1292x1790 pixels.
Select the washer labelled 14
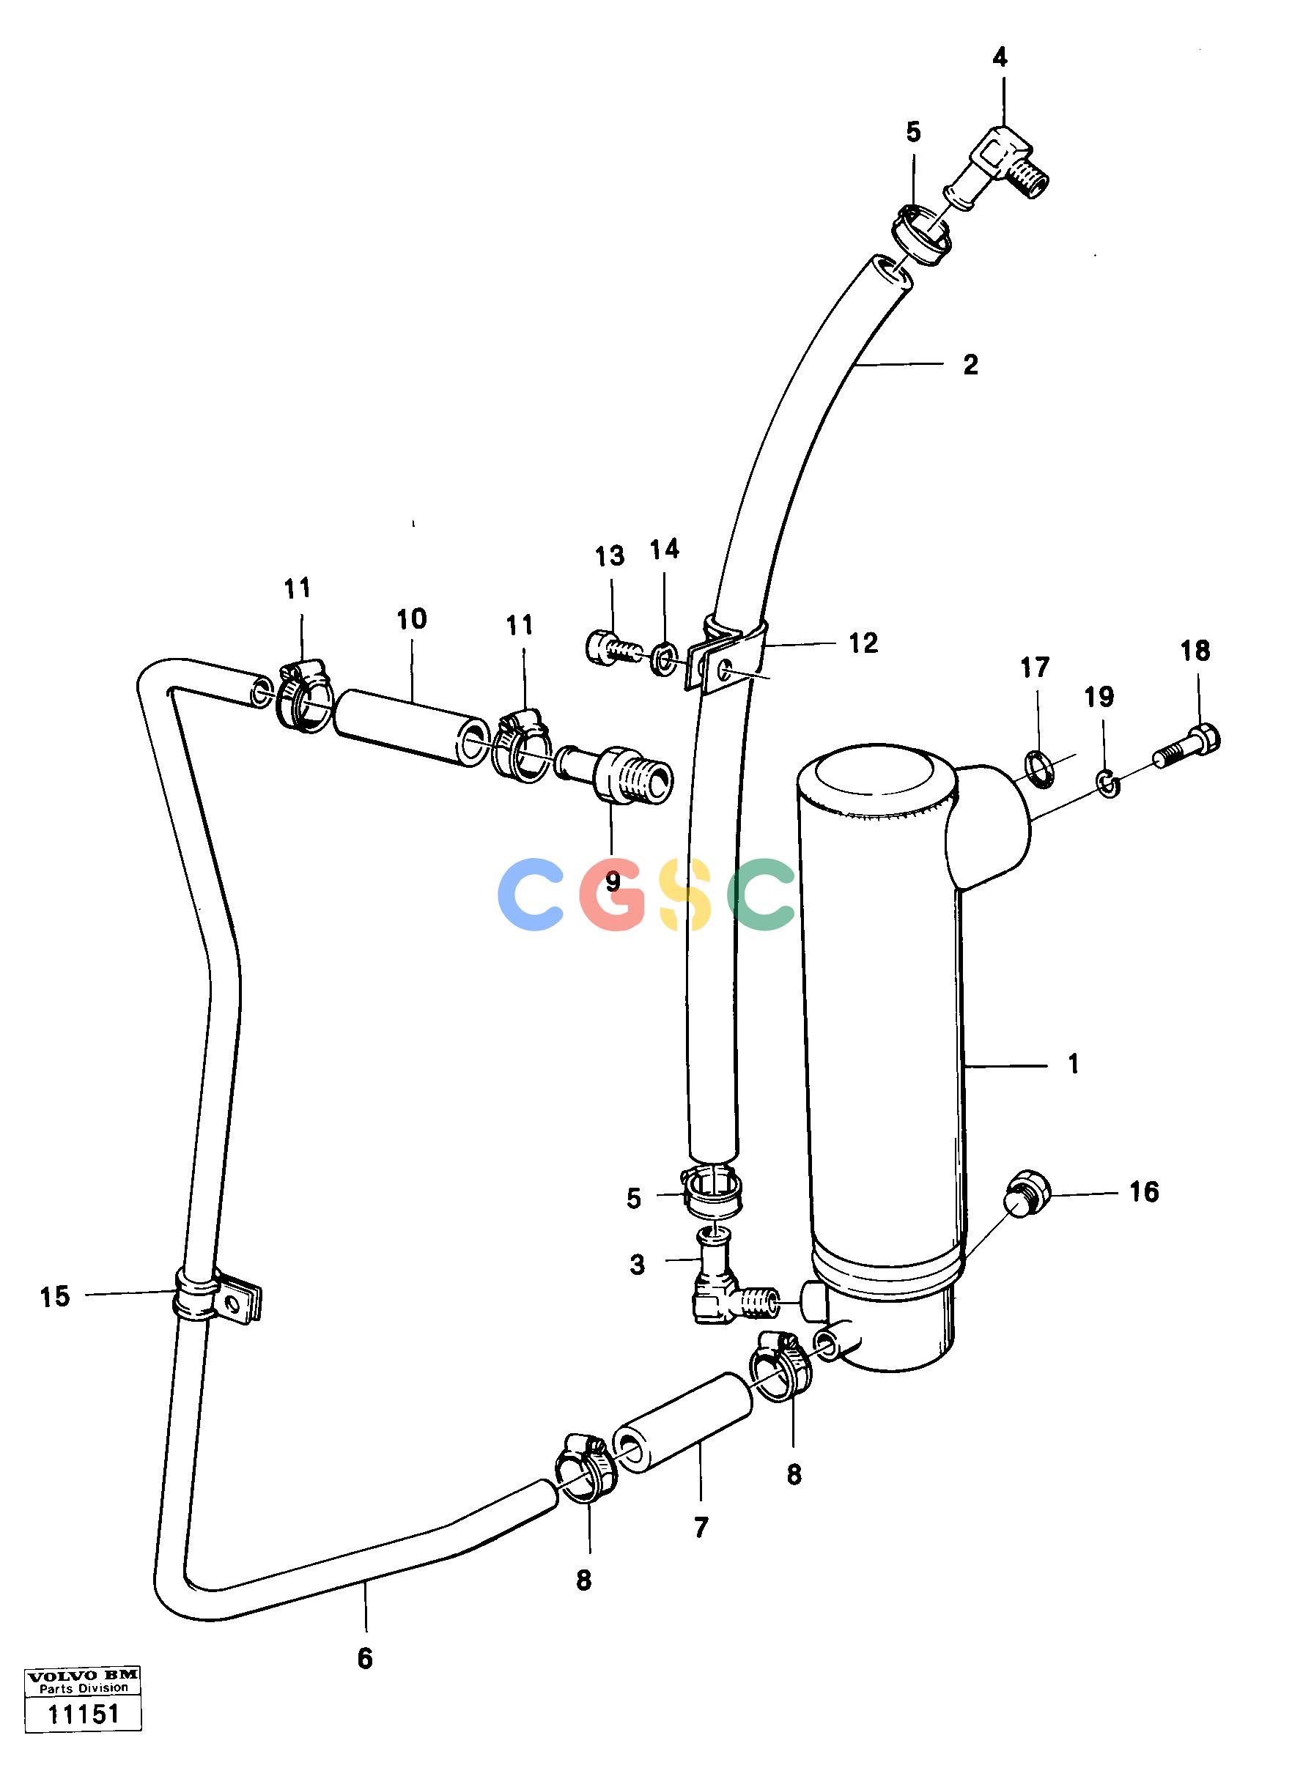[x=662, y=657]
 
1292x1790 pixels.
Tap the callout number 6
[x=365, y=1659]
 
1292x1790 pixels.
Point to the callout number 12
[x=863, y=643]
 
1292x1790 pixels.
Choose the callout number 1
[x=1073, y=1064]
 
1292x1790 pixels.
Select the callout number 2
[x=971, y=365]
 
